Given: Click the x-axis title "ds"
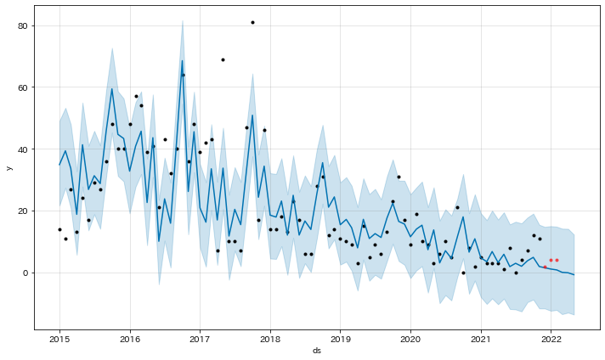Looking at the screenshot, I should coord(318,351).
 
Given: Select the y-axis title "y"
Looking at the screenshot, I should coord(9,167).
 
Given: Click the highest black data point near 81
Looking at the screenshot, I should coord(252,22).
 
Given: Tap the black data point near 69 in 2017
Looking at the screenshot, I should coord(223,59).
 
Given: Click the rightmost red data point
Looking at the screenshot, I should coord(557,260).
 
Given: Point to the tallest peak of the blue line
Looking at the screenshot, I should coord(182,60).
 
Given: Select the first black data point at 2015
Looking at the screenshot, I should coord(59,229).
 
